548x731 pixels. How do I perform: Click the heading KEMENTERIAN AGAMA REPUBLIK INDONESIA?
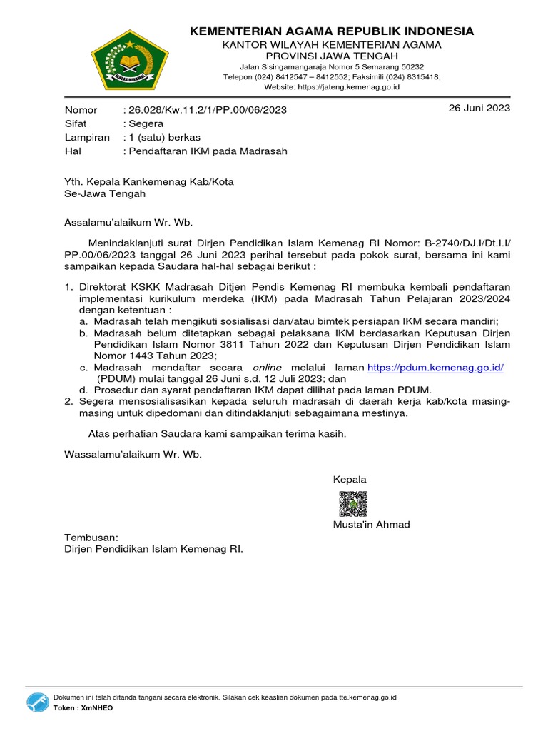pos(331,31)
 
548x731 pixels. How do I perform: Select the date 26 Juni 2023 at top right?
pos(479,109)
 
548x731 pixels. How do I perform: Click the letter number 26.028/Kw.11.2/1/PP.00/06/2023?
pos(207,110)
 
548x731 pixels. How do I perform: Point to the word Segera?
pos(146,123)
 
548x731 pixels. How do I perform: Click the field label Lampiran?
pos(87,137)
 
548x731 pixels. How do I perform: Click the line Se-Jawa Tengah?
pos(105,193)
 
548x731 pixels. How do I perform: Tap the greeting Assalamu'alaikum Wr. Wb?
pos(128,222)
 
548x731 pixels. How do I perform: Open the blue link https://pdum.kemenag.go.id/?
pos(435,367)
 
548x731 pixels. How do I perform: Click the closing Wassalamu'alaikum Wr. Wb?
pos(133,454)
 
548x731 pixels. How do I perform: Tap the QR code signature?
pos(353,503)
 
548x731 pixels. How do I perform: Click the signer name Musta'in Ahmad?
pos(371,525)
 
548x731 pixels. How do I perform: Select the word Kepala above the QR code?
pos(350,479)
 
